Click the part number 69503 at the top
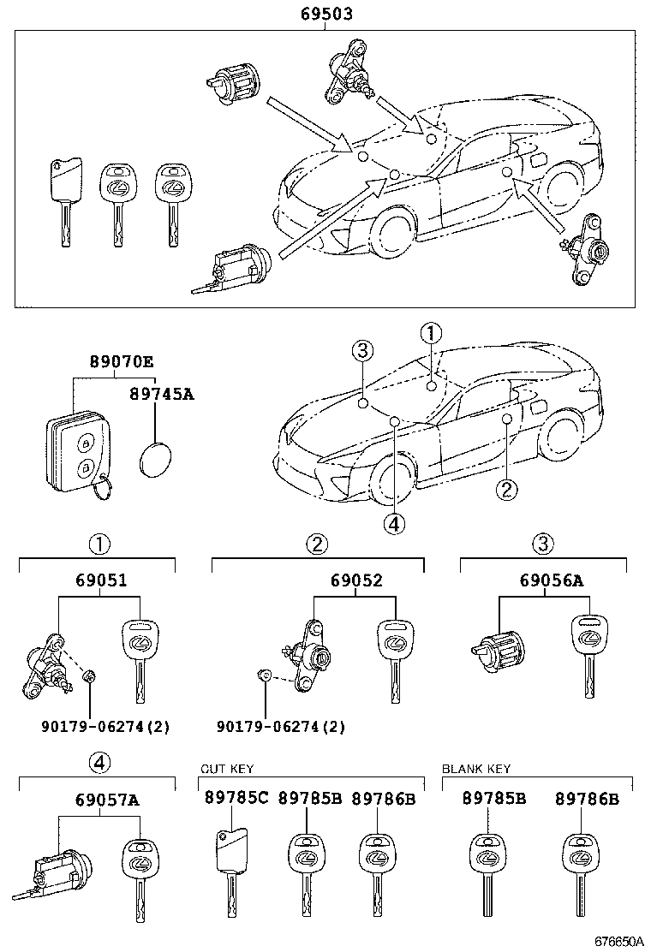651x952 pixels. [x=325, y=15]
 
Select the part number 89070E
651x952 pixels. [x=122, y=363]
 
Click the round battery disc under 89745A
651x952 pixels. [x=155, y=459]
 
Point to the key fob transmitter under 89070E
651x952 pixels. [x=76, y=454]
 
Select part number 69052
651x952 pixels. [x=356, y=580]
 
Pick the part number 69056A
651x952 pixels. [x=551, y=580]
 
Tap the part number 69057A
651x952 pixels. [x=107, y=800]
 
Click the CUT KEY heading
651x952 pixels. [x=226, y=769]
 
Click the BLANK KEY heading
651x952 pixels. [x=475, y=769]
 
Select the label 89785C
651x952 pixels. [x=236, y=798]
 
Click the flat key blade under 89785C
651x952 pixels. [x=230, y=873]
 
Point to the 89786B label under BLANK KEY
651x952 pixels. [x=587, y=798]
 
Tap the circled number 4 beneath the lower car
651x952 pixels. [x=394, y=523]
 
